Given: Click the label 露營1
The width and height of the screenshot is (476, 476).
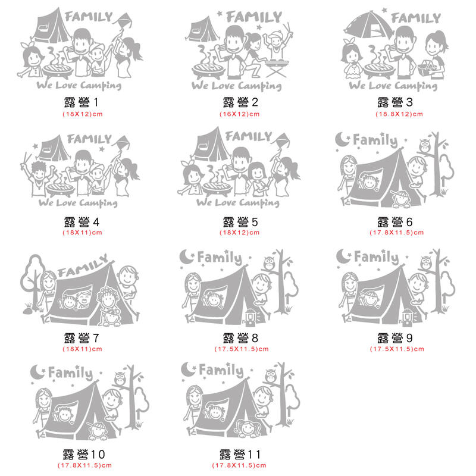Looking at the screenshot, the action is pyautogui.click(x=81, y=102).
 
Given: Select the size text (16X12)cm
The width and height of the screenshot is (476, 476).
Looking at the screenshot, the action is pyautogui.click(x=240, y=114).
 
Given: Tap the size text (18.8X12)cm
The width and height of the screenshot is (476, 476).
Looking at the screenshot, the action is pyautogui.click(x=399, y=114).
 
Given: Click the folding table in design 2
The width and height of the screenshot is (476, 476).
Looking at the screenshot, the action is pyautogui.click(x=277, y=68).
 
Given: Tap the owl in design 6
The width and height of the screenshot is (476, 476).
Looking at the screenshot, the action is pyautogui.click(x=425, y=146).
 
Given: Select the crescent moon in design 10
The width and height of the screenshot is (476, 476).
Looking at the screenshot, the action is pyautogui.click(x=37, y=372).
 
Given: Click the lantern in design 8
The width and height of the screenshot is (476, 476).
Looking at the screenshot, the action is pyautogui.click(x=250, y=317).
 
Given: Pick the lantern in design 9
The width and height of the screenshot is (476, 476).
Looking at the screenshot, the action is pyautogui.click(x=408, y=317).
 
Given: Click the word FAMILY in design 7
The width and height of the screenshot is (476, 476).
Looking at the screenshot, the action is pyautogui.click(x=83, y=266).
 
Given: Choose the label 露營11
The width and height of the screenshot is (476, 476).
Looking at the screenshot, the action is pyautogui.click(x=240, y=455).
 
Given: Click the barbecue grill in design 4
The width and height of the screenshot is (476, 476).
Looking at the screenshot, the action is pyautogui.click(x=61, y=188).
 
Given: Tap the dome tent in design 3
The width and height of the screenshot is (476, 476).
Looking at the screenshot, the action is pyautogui.click(x=368, y=25).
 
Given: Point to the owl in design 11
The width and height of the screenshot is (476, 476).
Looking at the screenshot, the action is pyautogui.click(x=271, y=376).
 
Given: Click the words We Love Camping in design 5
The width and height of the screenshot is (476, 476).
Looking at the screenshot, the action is pyautogui.click(x=237, y=202).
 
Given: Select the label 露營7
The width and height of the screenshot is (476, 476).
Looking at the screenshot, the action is pyautogui.click(x=82, y=338).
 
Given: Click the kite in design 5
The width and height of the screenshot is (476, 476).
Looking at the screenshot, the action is pyautogui.click(x=281, y=141).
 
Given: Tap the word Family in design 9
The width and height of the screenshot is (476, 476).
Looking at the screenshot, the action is pyautogui.click(x=376, y=257).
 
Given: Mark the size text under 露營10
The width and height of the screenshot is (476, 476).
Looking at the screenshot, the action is pyautogui.click(x=84, y=465).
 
